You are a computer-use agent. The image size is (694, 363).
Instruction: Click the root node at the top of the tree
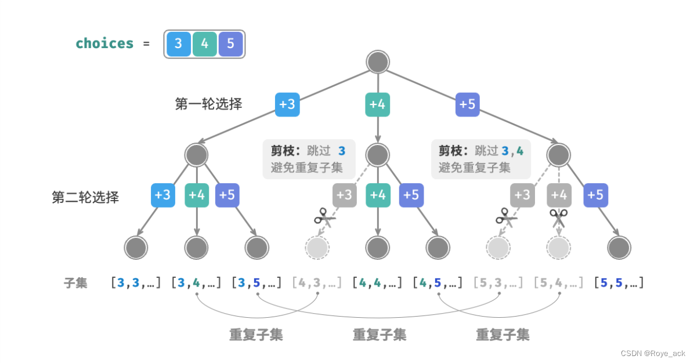pos(378,62)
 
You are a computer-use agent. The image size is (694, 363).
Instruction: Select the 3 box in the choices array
pos(178,44)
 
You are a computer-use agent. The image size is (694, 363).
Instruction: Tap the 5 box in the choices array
pos(230,44)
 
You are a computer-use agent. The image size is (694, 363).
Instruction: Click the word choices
pos(104,43)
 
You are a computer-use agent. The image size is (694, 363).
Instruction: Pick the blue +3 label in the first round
pos(287,104)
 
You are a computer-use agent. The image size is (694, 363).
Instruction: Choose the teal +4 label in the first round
pos(378,104)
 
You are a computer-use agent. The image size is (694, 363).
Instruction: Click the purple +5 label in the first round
pos(468,104)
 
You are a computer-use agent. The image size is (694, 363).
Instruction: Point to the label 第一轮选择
pos(209,104)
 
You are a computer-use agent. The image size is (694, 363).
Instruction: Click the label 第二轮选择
pos(85,197)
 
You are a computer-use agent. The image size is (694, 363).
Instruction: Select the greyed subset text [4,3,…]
pos(317,283)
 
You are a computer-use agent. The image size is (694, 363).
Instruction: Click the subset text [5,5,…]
pos(619,283)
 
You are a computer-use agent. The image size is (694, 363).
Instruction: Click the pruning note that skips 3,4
pos(481,159)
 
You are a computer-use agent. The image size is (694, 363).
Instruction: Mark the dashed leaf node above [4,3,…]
pos(317,248)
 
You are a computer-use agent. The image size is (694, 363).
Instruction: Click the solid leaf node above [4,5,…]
pos(438,248)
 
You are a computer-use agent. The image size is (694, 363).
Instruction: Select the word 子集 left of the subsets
pos(75,283)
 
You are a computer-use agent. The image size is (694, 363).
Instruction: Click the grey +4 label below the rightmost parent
pos(559,195)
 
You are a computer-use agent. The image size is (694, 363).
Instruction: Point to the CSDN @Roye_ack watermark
pos(652,353)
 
